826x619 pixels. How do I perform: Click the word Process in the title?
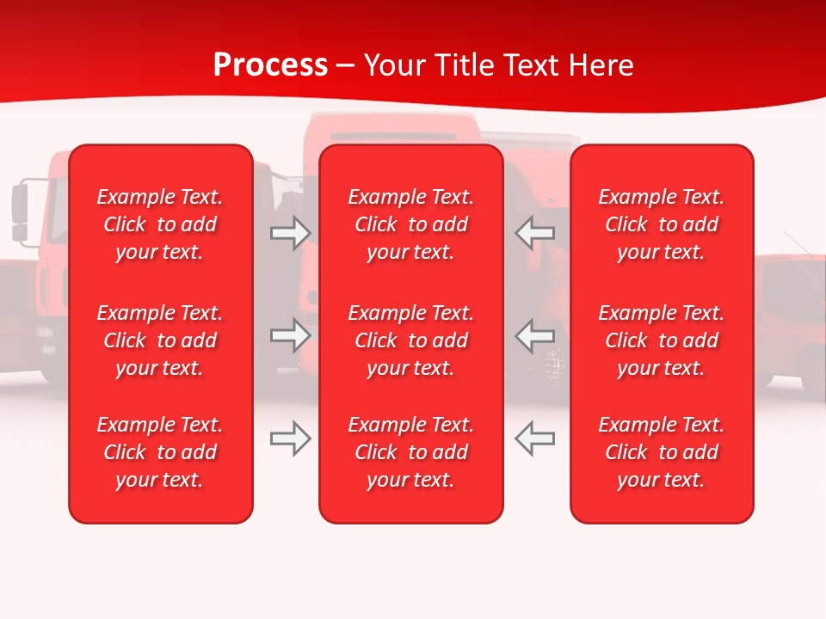pos(270,65)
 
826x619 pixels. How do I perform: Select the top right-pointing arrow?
pos(290,233)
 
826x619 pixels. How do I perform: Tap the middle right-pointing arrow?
pos(290,335)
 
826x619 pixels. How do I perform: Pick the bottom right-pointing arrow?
pos(290,438)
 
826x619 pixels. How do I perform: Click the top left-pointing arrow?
pos(534,233)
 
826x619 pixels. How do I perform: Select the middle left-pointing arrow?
pos(534,335)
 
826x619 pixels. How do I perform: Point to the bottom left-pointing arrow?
pos(534,438)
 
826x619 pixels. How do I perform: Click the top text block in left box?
pos(160,224)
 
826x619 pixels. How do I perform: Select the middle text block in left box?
pos(160,340)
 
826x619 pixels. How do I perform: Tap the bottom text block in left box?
pos(160,452)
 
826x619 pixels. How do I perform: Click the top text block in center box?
pos(410,224)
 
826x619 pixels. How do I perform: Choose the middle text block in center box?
pos(410,340)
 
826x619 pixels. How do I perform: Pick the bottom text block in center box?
pos(410,452)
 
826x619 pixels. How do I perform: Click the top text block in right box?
pos(661,224)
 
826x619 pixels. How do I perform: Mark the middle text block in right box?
pos(661,340)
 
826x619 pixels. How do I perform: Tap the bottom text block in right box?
pos(661,452)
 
